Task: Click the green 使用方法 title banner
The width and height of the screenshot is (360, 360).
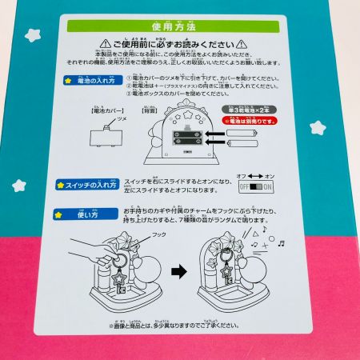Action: (x=180, y=28)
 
